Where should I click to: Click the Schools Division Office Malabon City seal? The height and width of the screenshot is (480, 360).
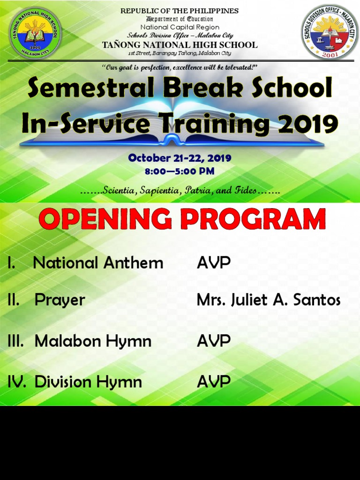click(330, 32)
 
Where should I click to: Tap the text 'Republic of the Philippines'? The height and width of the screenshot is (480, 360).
click(180, 11)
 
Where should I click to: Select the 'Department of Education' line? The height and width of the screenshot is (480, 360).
click(180, 19)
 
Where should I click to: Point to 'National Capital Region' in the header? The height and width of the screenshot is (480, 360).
click(180, 27)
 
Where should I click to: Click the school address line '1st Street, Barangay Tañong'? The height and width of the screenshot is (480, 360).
click(180, 53)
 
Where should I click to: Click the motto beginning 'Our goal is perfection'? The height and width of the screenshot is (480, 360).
click(180, 67)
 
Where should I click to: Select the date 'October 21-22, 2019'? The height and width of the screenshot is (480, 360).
click(180, 158)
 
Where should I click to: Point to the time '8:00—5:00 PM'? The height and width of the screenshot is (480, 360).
click(180, 171)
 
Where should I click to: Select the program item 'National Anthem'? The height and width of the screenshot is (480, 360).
click(98, 262)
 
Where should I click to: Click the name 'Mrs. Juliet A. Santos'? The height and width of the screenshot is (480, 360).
click(269, 300)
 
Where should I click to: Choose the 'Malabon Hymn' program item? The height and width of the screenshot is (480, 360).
click(93, 341)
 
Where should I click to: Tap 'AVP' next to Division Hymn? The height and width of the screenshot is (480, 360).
click(214, 382)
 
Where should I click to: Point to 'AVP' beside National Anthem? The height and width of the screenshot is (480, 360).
click(214, 262)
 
